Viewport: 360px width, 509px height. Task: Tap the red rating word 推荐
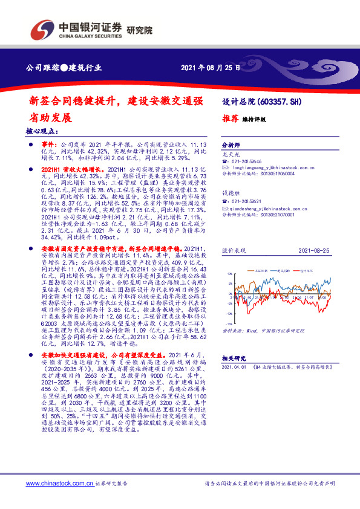click(x=231, y=119)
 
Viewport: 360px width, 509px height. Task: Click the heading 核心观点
click(x=42, y=131)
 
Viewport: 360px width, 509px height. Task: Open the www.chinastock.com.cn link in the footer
click(x=59, y=484)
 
